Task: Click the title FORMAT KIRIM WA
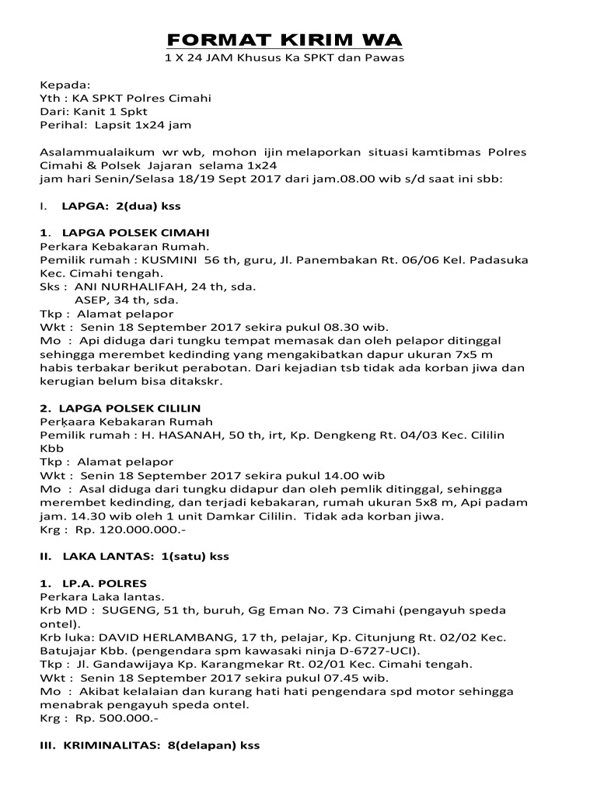pyautogui.click(x=287, y=40)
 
